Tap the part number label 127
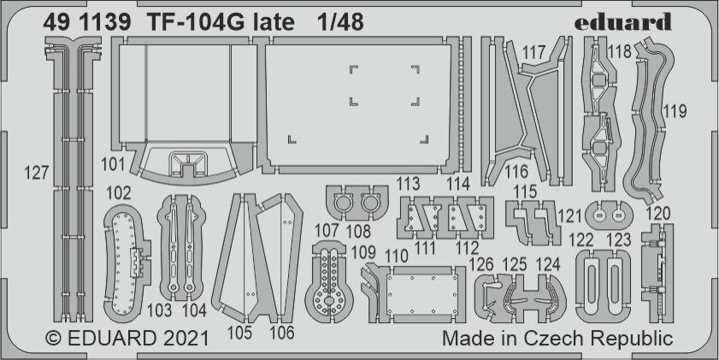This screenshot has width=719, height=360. click(38, 173)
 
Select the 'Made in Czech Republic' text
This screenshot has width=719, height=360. click(557, 339)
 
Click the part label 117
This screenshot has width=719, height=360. click(533, 53)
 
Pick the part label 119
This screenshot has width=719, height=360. click(675, 111)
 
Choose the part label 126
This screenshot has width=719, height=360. click(486, 263)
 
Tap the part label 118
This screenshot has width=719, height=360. click(619, 52)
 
